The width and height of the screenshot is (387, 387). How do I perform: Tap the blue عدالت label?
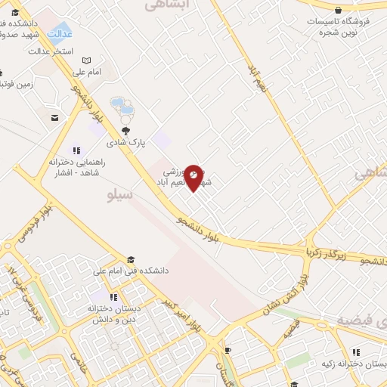(x=60, y=34)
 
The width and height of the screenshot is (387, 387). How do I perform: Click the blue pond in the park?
(x=121, y=107)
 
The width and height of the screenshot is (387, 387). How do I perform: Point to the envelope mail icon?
(x=55, y=116)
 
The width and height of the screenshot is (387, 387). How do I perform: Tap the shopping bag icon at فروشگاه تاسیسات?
(x=338, y=10)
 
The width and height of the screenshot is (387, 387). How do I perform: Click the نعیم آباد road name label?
(x=255, y=76)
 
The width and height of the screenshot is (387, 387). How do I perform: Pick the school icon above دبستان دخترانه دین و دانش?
(x=113, y=297)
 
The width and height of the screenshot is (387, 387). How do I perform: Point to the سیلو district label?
(x=121, y=195)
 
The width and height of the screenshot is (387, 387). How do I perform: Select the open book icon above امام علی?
(x=87, y=60)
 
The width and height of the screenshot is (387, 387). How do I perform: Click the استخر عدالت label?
(x=51, y=51)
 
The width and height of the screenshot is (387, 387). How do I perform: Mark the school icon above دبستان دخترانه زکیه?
(x=357, y=352)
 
